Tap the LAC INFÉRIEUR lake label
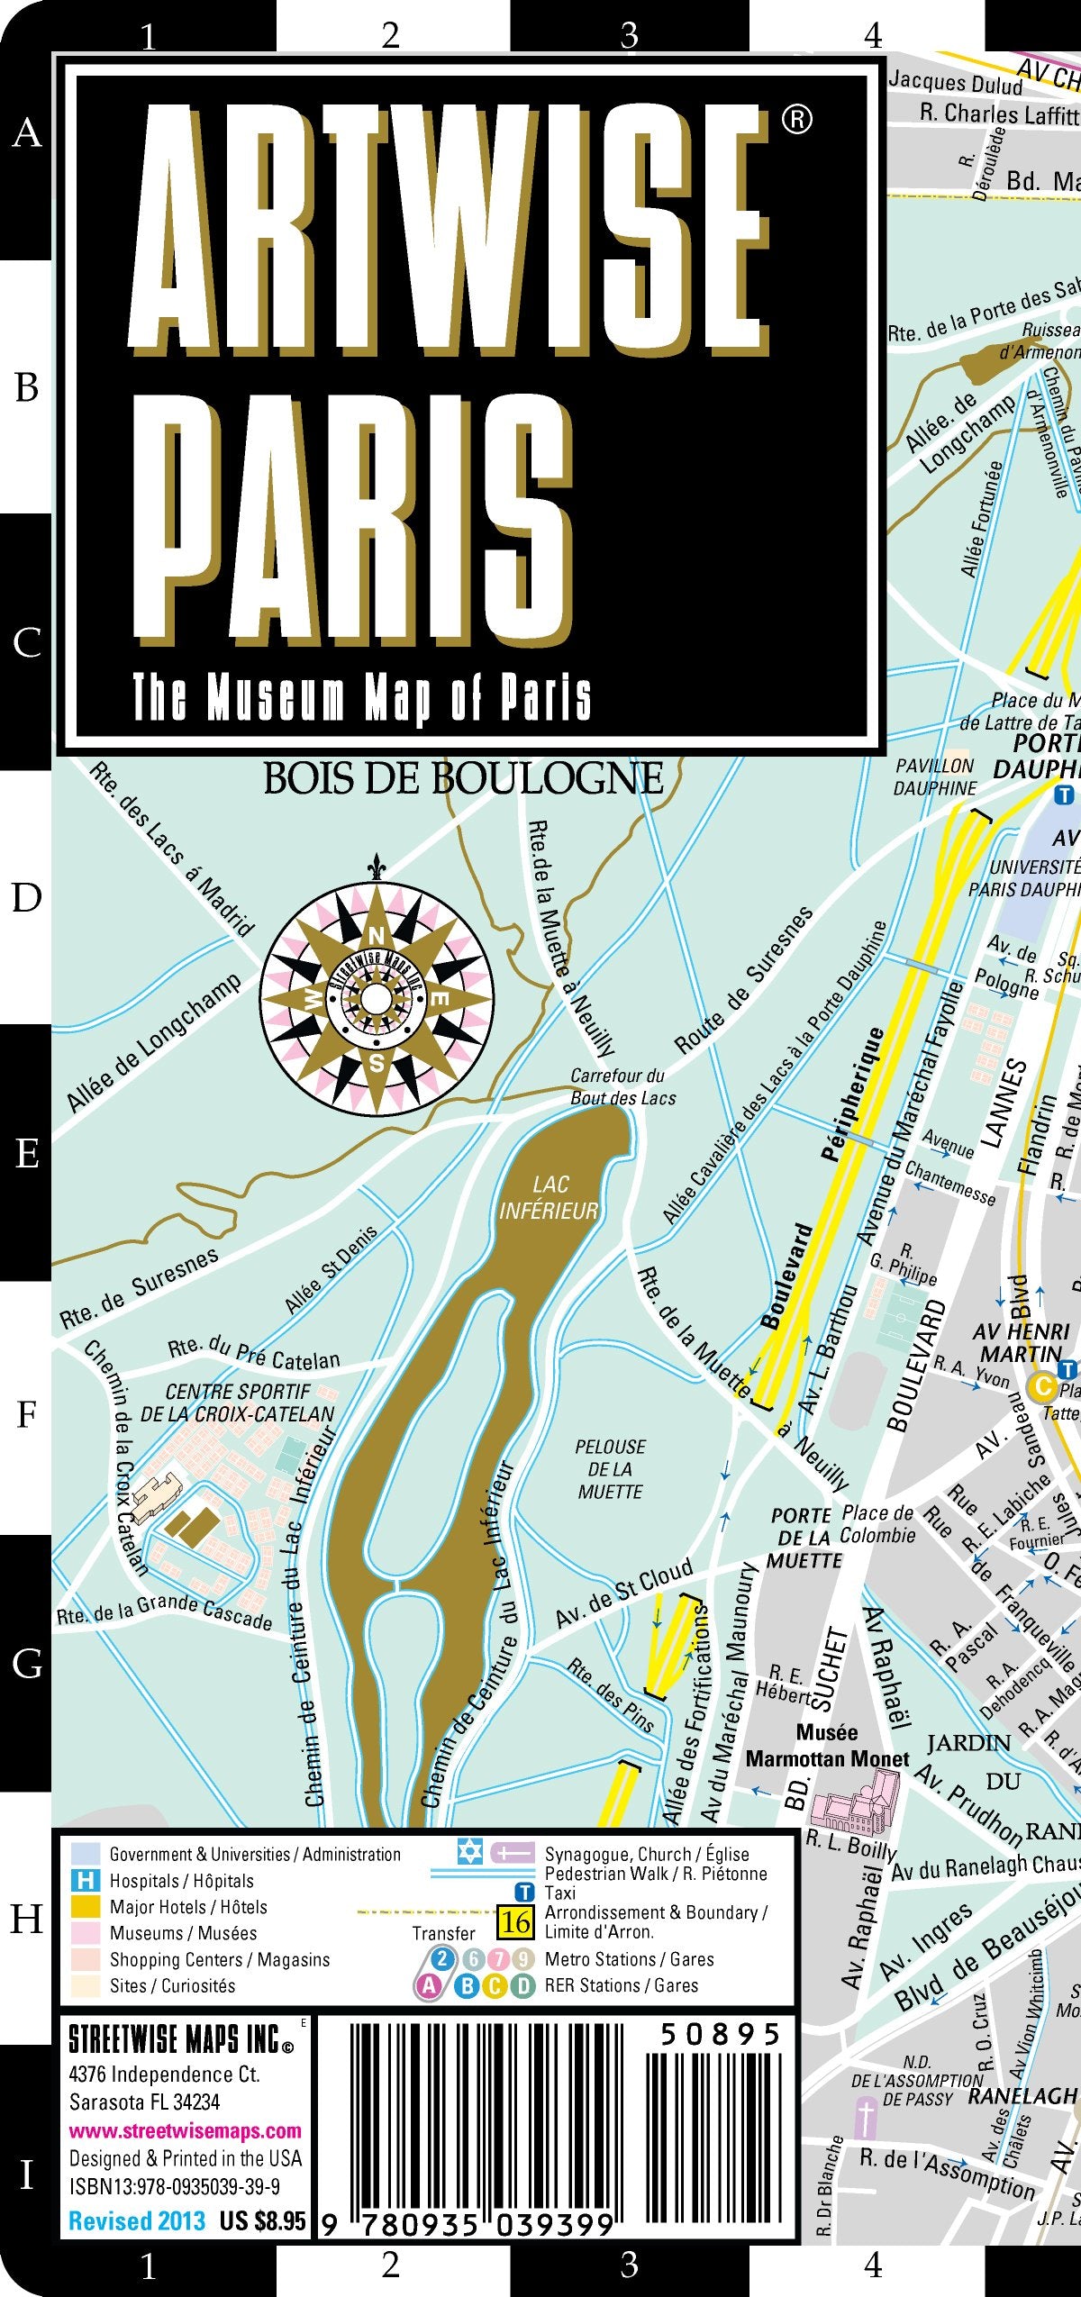click(549, 1198)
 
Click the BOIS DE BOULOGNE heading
click(463, 778)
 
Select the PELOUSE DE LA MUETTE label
click(610, 1469)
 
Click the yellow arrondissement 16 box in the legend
click(515, 1923)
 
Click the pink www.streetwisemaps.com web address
click(185, 2130)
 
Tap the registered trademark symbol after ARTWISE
click(796, 119)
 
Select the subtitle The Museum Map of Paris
click(362, 698)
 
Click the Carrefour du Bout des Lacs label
click(622, 1086)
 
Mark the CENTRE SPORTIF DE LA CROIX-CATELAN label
click(237, 1403)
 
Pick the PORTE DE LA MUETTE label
click(804, 1538)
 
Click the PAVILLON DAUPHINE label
click(935, 776)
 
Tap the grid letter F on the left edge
click(26, 1415)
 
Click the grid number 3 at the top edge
click(630, 35)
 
